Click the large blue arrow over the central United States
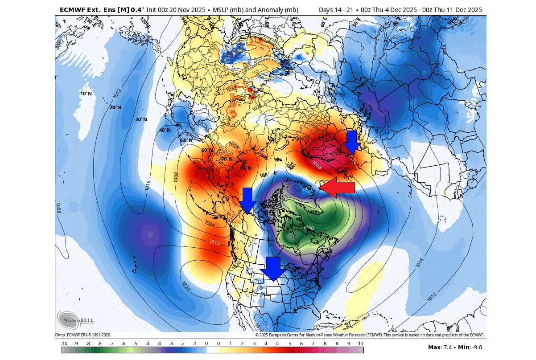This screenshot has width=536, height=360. (273, 269)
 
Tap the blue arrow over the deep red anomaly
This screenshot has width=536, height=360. (352, 142)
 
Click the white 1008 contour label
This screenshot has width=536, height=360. (317, 165)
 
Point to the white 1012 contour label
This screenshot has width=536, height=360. (214, 242)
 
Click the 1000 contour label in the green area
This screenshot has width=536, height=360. (309, 228)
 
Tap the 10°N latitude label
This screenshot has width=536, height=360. (86, 94)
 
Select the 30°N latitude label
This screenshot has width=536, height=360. (141, 119)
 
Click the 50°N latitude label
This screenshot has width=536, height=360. (186, 141)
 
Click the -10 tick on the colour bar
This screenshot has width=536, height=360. (64, 344)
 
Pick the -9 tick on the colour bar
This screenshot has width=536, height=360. (76, 344)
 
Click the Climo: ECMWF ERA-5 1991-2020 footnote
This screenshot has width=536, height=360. (82, 335)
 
